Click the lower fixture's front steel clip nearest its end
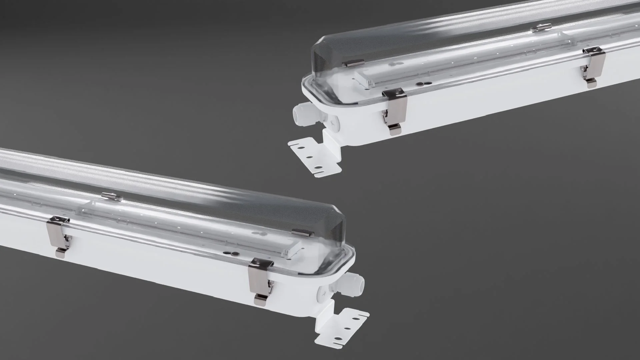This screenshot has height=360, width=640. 261,280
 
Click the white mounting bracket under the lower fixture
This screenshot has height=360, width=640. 343,328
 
